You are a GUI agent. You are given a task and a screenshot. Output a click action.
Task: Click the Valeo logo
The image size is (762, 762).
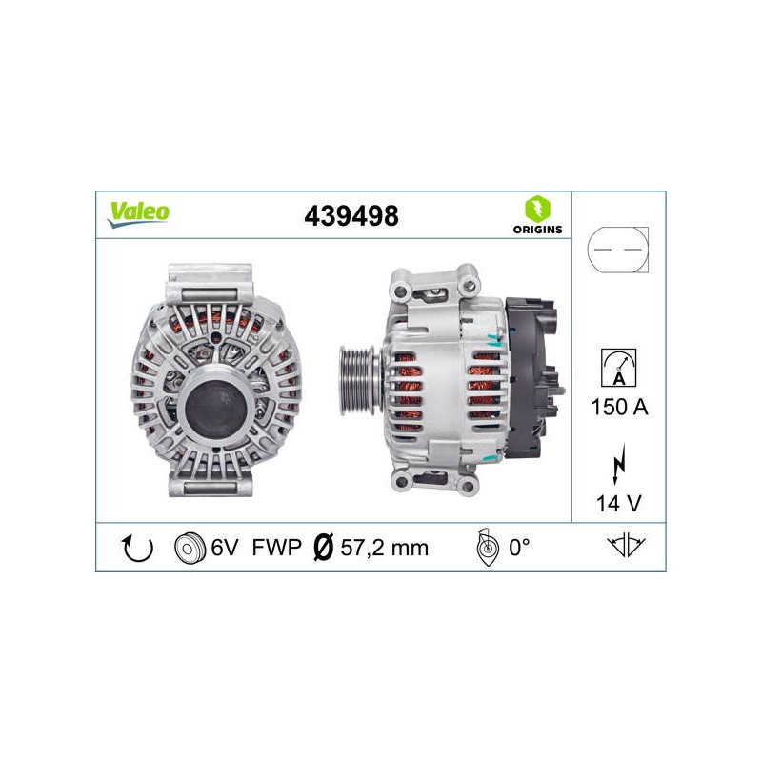pyautogui.click(x=138, y=214)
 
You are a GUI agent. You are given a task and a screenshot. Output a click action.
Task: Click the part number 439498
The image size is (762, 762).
pyautogui.click(x=351, y=216)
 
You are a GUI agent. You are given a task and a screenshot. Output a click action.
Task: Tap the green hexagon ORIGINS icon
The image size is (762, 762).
pyautogui.click(x=537, y=208)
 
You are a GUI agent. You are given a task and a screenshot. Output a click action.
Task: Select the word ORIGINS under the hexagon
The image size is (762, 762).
pyautogui.click(x=537, y=230)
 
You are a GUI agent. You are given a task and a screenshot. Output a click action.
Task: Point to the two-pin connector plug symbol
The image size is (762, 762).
pyautogui.click(x=617, y=250)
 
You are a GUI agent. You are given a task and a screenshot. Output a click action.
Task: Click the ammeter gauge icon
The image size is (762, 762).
pyautogui.click(x=618, y=368)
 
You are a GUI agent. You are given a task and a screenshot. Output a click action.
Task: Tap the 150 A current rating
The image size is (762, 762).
pyautogui.click(x=620, y=407)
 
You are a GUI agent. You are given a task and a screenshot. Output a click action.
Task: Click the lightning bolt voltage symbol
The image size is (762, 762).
pyautogui.click(x=618, y=464)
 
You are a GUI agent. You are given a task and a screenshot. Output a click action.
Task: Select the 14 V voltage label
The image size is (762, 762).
pyautogui.click(x=618, y=504)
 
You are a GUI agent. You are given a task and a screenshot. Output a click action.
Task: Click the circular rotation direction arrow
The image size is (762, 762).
pyautogui.click(x=137, y=549)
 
